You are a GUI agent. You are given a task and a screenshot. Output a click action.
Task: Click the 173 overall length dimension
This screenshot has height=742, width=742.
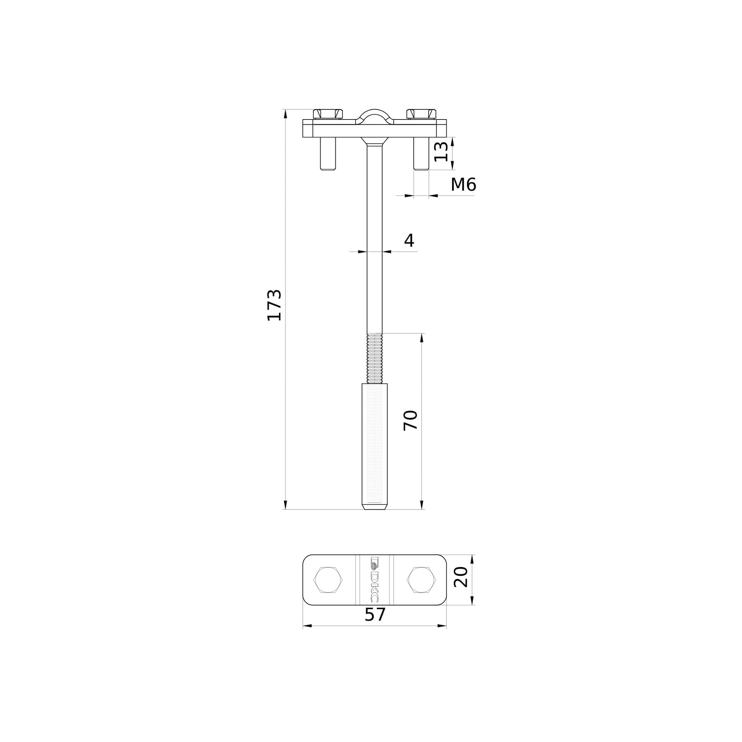coord(274,305)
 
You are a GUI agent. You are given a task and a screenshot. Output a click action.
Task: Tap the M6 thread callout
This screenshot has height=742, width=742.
coord(463,185)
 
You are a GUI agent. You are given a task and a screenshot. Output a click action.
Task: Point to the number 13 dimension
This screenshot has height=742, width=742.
coord(440,152)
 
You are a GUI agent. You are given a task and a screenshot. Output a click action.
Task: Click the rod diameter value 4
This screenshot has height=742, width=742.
coord(409,241)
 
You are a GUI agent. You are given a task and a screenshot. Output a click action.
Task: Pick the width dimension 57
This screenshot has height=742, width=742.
coord(374,615)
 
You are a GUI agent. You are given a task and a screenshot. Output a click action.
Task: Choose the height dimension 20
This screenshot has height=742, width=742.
coord(460,577)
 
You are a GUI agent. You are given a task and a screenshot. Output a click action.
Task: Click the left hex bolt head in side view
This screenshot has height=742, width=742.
coord(328,114)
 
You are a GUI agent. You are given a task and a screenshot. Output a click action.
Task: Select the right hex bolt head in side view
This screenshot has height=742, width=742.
coord(421,114)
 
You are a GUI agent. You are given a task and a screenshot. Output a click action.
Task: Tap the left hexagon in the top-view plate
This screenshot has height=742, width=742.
coord(328,580)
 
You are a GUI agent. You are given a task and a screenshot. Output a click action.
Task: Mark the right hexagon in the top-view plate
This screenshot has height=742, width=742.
coord(422,580)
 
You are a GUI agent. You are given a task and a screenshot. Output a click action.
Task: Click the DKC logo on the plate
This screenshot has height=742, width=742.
coord(374,580)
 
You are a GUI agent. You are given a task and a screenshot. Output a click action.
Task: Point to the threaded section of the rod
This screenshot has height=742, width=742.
coord(374,358)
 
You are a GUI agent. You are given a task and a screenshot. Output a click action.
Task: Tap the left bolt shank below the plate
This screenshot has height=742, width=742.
coord(328,153)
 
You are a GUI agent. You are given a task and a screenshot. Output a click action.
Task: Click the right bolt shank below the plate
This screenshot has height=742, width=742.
coord(421,153)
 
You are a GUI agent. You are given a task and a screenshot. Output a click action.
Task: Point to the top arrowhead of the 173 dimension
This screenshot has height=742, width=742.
coord(285,114)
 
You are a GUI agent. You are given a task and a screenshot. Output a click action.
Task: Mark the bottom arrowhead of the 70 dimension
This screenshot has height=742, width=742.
coord(422,505)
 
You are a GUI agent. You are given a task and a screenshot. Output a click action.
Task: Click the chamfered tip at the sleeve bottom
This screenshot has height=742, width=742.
coord(374,507)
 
